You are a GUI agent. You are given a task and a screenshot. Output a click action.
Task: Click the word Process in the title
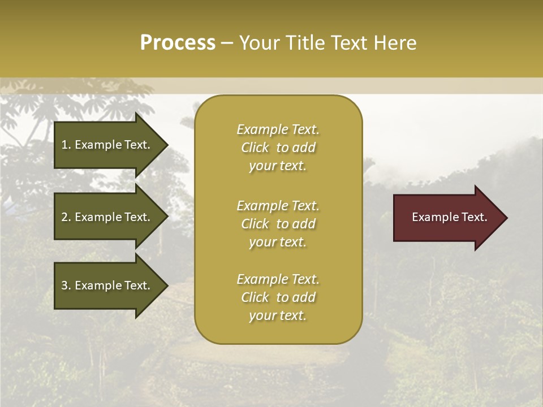[178, 43]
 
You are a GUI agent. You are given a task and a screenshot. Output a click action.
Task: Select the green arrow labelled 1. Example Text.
[107, 145]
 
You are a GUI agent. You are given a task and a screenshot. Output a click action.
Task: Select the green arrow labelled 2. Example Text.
[107, 217]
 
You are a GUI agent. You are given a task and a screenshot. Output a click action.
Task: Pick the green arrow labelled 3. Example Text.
[107, 285]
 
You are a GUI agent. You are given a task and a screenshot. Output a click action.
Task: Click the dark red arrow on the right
[447, 218]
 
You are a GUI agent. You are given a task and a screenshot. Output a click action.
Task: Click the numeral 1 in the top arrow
[64, 145]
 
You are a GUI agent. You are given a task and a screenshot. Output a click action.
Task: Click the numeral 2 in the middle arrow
[64, 217]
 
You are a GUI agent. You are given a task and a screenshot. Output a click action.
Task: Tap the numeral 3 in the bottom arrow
[64, 285]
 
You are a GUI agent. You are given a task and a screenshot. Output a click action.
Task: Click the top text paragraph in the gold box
[278, 148]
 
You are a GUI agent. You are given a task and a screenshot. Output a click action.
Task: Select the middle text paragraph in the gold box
[278, 224]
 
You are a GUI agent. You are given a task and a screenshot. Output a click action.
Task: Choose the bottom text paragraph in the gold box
[278, 297]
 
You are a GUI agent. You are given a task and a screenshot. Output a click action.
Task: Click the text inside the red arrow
[449, 217]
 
